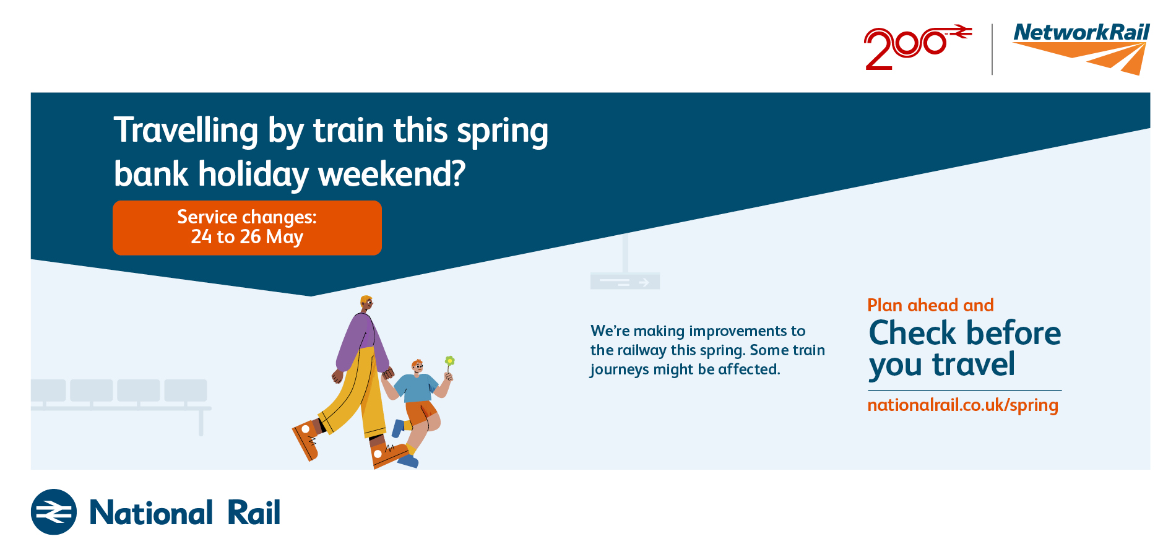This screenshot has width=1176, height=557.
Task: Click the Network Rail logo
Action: tap(1081, 48)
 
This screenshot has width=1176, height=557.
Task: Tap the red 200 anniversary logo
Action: tap(918, 47)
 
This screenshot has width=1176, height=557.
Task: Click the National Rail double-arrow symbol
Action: tap(54, 512)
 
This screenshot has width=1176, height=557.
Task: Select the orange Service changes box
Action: tap(247, 228)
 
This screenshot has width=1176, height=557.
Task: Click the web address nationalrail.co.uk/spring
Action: tap(962, 405)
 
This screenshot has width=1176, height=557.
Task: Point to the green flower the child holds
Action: tap(450, 361)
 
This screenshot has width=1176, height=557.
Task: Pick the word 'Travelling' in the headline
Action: tap(186, 131)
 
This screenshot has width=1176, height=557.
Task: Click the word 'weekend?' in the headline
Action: tap(392, 174)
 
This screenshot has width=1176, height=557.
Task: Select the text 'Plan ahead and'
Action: tap(930, 305)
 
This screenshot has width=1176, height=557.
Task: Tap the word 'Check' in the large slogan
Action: tap(912, 333)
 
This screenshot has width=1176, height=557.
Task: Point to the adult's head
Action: tap(366, 304)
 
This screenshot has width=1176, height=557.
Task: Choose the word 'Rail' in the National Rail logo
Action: tap(254, 512)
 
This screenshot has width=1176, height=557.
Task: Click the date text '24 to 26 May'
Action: tap(247, 237)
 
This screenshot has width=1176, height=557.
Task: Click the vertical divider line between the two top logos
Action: tap(992, 50)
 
